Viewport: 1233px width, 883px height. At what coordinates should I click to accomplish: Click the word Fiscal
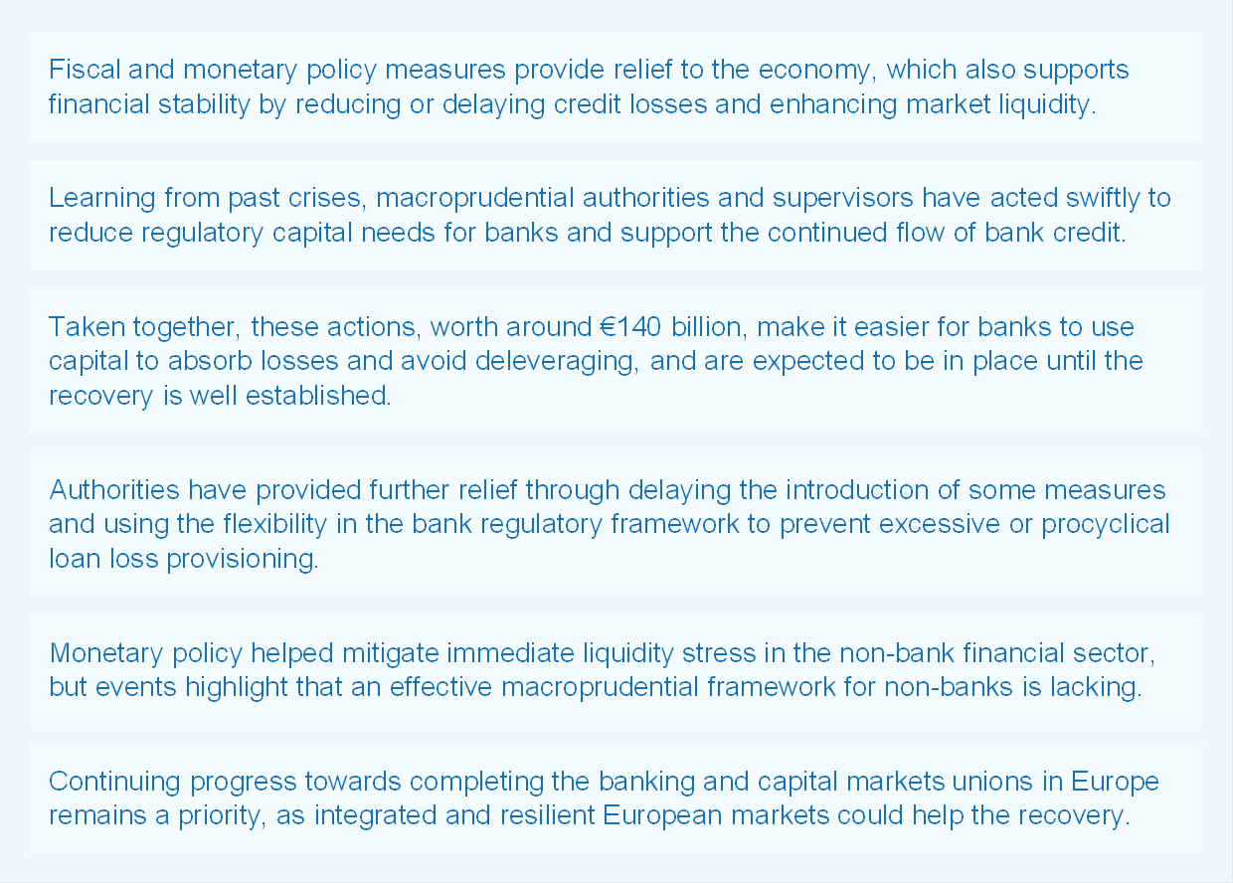pos(79,70)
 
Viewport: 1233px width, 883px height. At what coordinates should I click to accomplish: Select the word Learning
pos(102,198)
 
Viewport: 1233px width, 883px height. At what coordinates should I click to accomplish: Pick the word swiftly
pos(1098,198)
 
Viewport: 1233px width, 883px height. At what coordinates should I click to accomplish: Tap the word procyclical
pos(1103,524)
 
